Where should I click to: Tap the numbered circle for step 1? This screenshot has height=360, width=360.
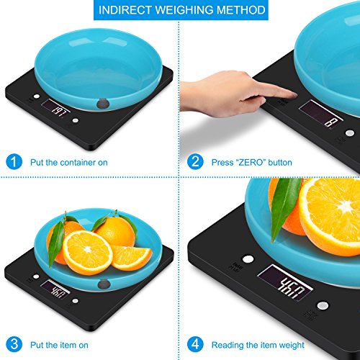click(14, 161)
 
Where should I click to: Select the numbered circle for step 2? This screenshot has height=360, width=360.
click(195, 161)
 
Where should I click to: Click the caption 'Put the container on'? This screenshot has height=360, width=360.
click(68, 162)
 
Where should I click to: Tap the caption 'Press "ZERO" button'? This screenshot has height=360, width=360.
click(252, 162)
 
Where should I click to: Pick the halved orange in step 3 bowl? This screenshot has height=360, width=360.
click(89, 251)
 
